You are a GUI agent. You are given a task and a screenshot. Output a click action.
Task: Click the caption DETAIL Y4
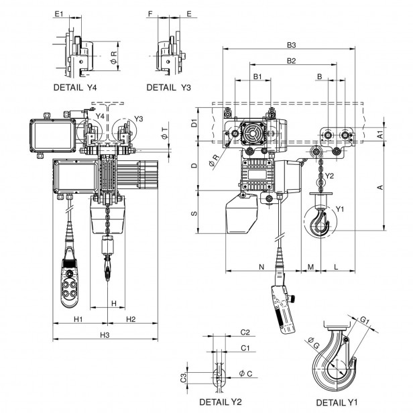78,87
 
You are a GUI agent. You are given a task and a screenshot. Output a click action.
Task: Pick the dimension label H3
105,335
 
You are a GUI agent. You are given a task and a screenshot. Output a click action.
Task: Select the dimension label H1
78,318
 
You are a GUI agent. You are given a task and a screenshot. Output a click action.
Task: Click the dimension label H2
131,318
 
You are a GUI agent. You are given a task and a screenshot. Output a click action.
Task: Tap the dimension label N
261,266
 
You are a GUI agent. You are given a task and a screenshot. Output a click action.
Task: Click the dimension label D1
194,123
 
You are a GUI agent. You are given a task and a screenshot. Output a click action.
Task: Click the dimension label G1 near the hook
364,320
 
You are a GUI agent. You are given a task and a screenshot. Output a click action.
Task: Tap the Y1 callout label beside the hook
340,209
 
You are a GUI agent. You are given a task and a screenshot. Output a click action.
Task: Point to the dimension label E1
60,13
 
